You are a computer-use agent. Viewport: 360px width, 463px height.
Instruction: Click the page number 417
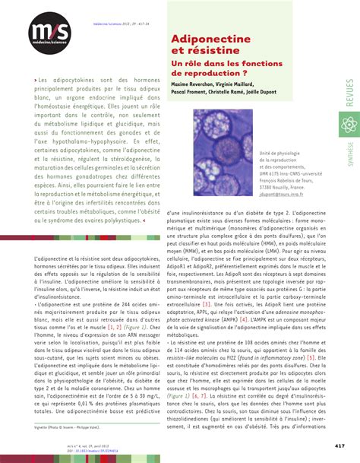(x=341, y=446)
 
